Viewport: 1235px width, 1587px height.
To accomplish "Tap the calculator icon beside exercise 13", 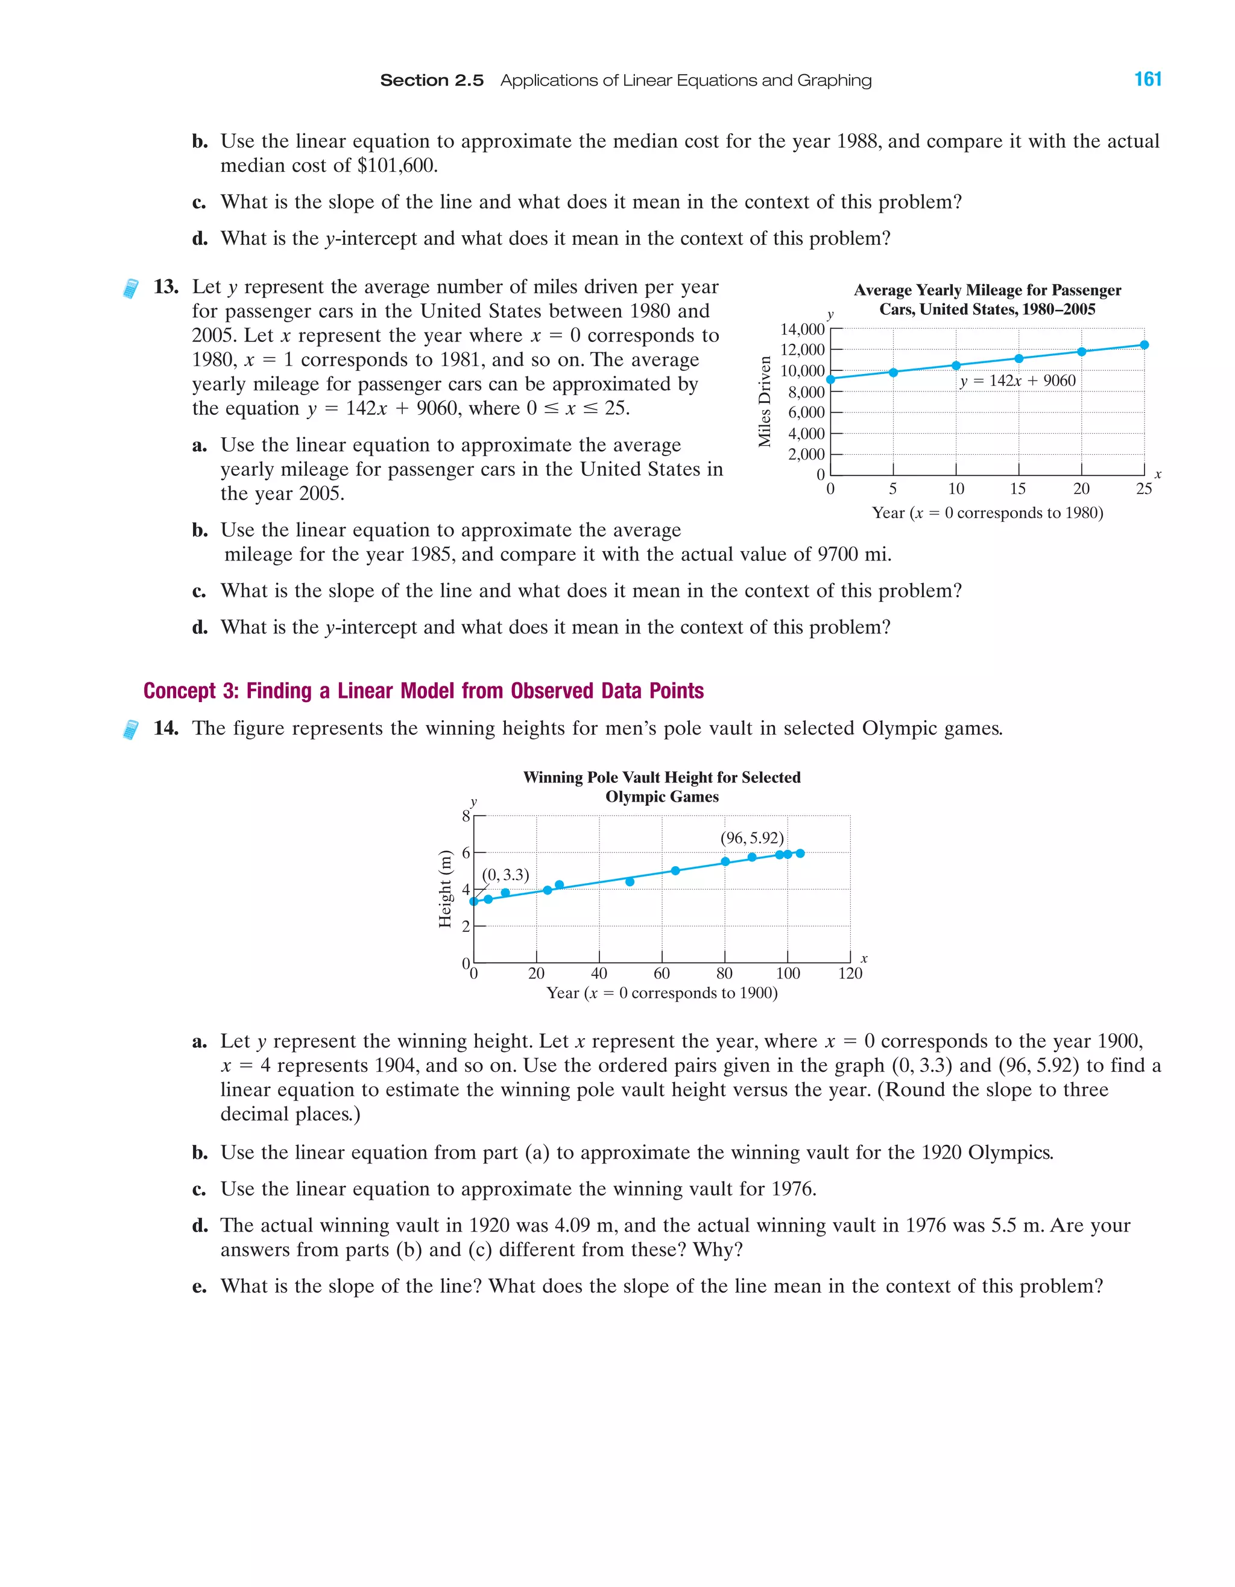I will (x=131, y=288).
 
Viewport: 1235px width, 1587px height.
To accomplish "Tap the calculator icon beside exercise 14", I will (x=131, y=729).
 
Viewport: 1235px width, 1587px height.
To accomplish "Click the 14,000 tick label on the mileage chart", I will (x=802, y=329).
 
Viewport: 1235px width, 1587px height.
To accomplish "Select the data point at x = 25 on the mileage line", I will (x=1144, y=345).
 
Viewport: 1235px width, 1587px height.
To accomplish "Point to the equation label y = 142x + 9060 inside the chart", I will (x=1017, y=381).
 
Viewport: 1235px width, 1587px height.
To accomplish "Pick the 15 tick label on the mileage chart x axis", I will (x=1018, y=489).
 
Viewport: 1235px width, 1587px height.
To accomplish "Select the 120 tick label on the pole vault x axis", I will (x=850, y=974).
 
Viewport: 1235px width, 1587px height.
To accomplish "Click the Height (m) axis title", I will (x=444, y=889).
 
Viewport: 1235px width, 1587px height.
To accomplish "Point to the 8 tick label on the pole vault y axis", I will (x=466, y=816).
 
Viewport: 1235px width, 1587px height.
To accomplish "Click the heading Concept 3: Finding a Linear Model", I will (x=423, y=691).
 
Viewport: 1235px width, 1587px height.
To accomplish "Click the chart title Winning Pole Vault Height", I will (x=661, y=787).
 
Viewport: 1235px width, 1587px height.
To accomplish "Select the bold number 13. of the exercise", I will (x=166, y=287).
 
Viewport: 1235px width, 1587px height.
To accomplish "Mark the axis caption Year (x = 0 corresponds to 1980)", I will (x=987, y=513).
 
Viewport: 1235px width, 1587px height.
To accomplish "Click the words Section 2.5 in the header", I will (x=432, y=81).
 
